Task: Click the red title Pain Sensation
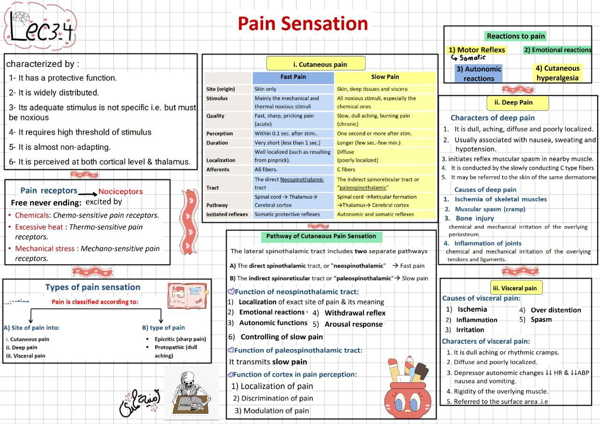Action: pyautogui.click(x=302, y=23)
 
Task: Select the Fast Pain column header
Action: pyautogui.click(x=293, y=77)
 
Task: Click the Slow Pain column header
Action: pyautogui.click(x=385, y=77)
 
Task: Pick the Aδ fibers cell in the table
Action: pyautogui.click(x=266, y=170)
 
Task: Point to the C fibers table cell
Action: pyautogui.click(x=346, y=170)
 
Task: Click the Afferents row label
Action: pyautogui.click(x=218, y=170)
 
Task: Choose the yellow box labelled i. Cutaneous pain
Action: pyautogui.click(x=315, y=64)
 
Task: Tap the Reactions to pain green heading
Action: pyautogui.click(x=516, y=36)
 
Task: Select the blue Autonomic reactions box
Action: pyautogui.click(x=479, y=74)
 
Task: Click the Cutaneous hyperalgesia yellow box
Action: pyautogui.click(x=558, y=73)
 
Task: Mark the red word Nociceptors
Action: pyautogui.click(x=120, y=192)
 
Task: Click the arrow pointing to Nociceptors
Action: pyautogui.click(x=88, y=193)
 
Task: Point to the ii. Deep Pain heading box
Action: pyautogui.click(x=513, y=102)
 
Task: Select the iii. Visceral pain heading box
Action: pyautogui.click(x=514, y=288)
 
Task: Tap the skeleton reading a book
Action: pyautogui.click(x=191, y=393)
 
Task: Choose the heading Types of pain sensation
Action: pyautogui.click(x=92, y=287)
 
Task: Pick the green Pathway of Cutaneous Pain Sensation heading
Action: pyautogui.click(x=321, y=236)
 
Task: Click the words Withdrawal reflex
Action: pyautogui.click(x=355, y=313)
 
